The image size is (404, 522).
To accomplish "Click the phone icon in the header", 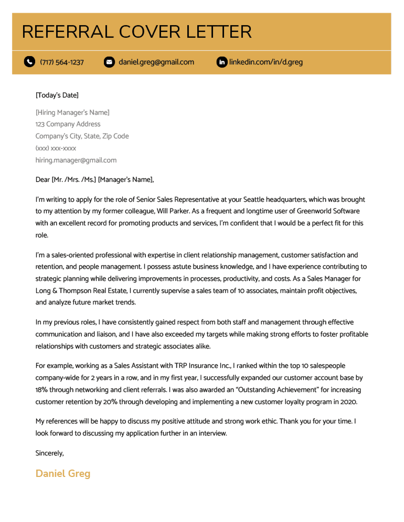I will point(29,62).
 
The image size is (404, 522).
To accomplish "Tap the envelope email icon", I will point(109,62).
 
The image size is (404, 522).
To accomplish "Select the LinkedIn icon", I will point(222,62).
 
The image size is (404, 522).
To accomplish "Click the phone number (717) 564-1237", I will point(62,62).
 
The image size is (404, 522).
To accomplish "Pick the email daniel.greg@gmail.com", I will point(156,62).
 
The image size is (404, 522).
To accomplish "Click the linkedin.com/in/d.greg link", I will point(266,62).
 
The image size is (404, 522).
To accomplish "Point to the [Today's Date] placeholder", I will point(57,95).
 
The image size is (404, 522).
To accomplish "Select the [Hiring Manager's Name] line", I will point(72,112).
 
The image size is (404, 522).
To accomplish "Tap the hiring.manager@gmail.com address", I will point(76,160).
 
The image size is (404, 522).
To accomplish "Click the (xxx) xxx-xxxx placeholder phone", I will point(56,148).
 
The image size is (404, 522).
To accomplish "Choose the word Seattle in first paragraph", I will point(253,200).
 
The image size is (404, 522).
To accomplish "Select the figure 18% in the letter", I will point(41,390).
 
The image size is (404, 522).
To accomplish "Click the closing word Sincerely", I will point(49,453).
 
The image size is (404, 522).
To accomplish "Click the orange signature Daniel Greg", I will point(63,474).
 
